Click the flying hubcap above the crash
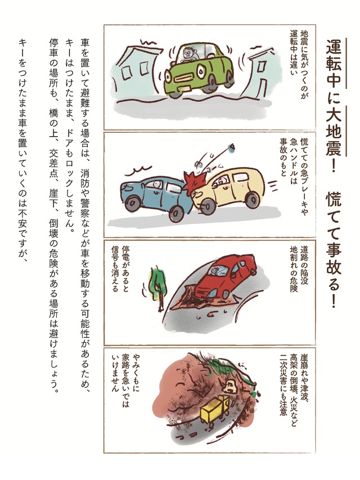tap(232, 148)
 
